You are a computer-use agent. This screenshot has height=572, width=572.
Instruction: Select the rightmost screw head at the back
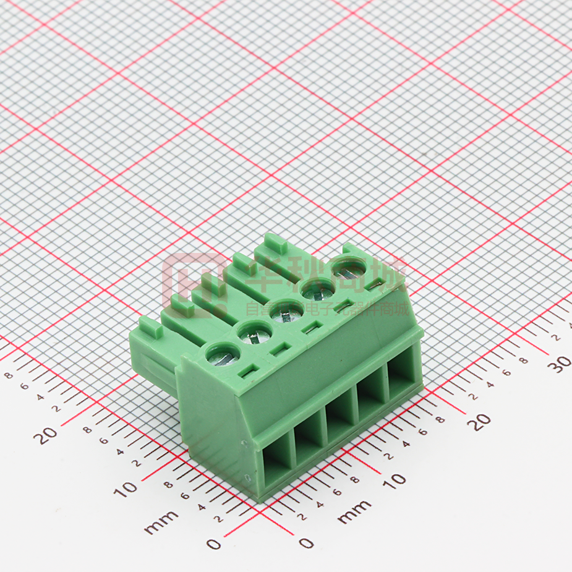click(x=348, y=267)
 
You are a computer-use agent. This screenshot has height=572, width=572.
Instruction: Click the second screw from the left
click(x=253, y=334)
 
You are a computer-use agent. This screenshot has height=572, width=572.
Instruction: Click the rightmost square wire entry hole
click(x=403, y=378)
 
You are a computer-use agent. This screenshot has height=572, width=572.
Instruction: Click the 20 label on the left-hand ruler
click(x=45, y=435)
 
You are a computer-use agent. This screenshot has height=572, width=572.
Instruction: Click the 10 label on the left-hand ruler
click(x=127, y=489)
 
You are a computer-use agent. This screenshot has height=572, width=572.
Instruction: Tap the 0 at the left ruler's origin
click(x=213, y=544)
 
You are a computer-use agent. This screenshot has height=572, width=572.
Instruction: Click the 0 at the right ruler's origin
click(x=306, y=542)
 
